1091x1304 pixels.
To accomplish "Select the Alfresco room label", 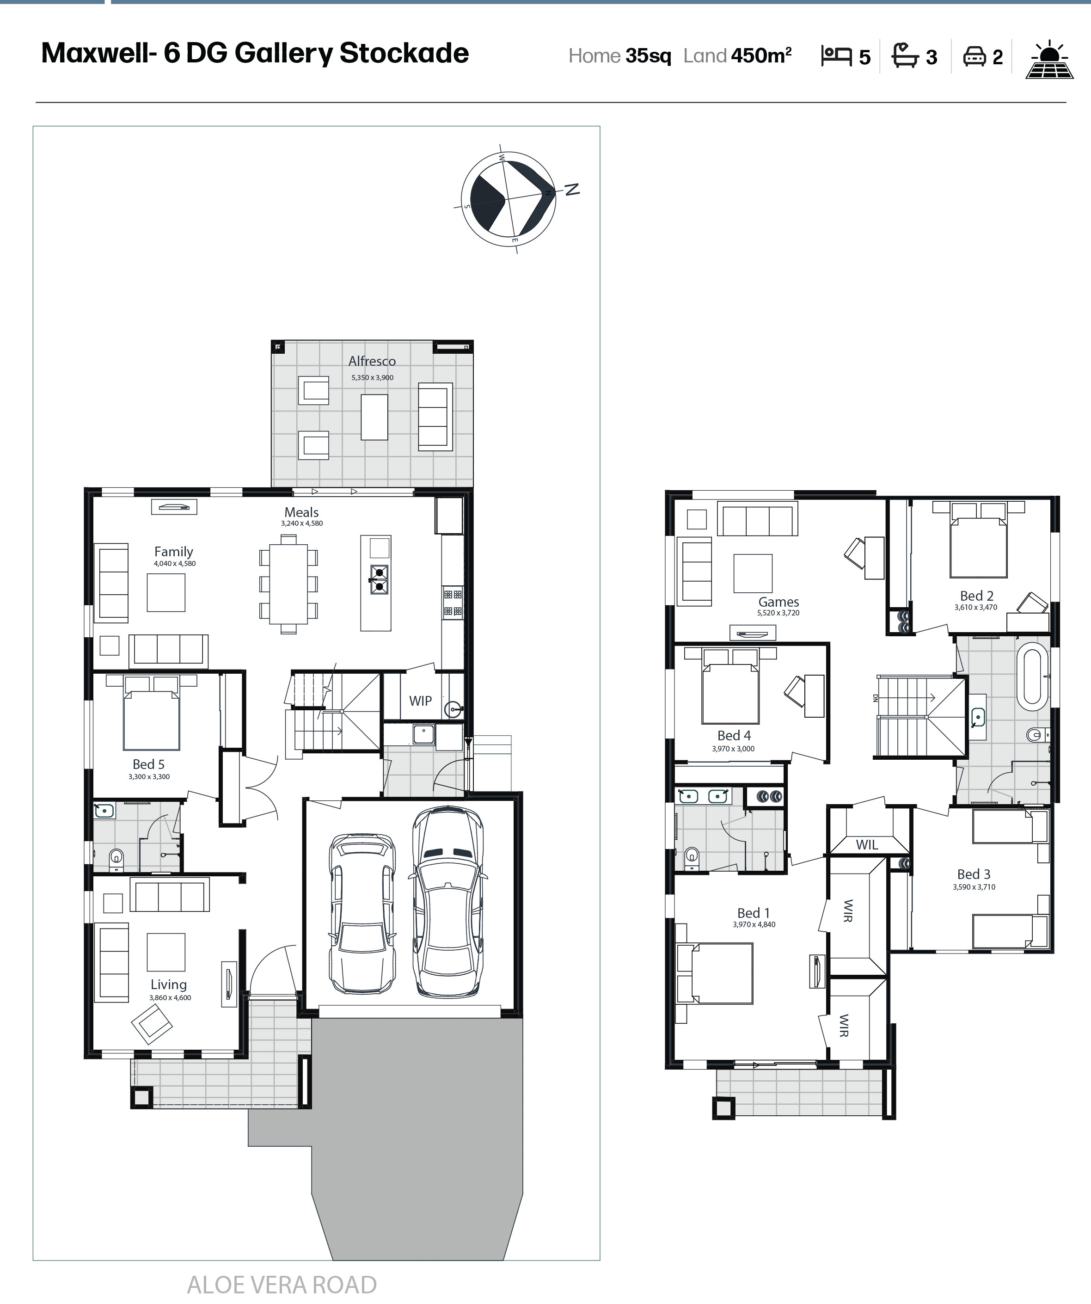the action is click(x=372, y=361).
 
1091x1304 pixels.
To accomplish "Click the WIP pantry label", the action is click(x=420, y=701).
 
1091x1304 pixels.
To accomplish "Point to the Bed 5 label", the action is click(x=148, y=764).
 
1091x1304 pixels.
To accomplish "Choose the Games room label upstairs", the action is click(x=778, y=602).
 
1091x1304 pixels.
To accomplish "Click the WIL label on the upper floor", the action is click(x=867, y=844).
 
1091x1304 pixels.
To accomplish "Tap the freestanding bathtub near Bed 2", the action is click(x=1032, y=679).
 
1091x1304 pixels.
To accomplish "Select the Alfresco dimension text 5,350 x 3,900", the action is click(x=372, y=377).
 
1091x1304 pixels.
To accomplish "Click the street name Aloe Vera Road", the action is click(x=282, y=1285).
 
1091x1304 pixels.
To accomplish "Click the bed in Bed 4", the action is click(x=730, y=686).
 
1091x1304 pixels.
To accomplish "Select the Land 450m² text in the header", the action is click(x=738, y=56).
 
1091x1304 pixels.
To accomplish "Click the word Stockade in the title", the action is click(x=404, y=53).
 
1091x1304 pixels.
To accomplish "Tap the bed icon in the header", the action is click(x=836, y=56).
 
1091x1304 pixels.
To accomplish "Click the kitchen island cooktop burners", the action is click(x=379, y=579).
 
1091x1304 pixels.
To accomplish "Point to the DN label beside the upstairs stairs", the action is click(x=876, y=697).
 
